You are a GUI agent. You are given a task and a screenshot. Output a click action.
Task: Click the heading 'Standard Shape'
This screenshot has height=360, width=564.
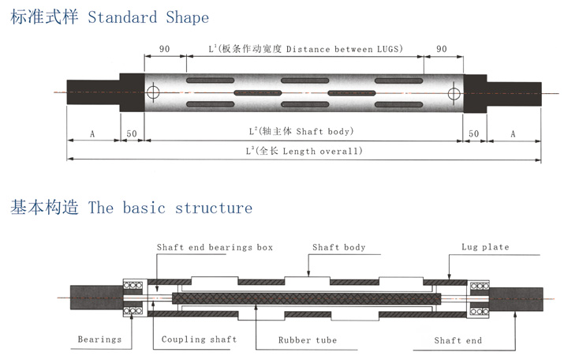click(x=148, y=17)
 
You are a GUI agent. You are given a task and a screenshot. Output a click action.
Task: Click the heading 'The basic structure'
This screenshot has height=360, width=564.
click(x=170, y=208)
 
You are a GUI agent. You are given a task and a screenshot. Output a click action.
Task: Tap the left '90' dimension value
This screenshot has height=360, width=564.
click(x=165, y=49)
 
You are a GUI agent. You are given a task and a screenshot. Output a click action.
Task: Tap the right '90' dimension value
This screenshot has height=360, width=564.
click(x=442, y=49)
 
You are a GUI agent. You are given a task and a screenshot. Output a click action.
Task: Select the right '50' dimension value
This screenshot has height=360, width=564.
click(x=474, y=135)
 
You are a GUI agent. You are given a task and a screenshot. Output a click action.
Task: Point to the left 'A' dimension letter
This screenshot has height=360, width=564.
click(x=92, y=135)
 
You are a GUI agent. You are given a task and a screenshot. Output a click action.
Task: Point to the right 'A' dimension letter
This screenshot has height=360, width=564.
click(x=513, y=135)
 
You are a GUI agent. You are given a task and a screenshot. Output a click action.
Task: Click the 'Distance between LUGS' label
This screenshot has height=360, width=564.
click(x=344, y=49)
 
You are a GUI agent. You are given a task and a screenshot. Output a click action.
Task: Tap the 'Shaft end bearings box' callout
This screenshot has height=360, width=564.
click(x=215, y=247)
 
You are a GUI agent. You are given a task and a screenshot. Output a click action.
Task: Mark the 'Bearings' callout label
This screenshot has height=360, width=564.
click(x=99, y=339)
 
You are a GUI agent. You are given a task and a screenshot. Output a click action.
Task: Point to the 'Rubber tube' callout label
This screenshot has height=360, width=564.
click(x=307, y=340)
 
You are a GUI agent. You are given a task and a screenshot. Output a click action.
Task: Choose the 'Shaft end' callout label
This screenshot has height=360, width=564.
click(x=458, y=340)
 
